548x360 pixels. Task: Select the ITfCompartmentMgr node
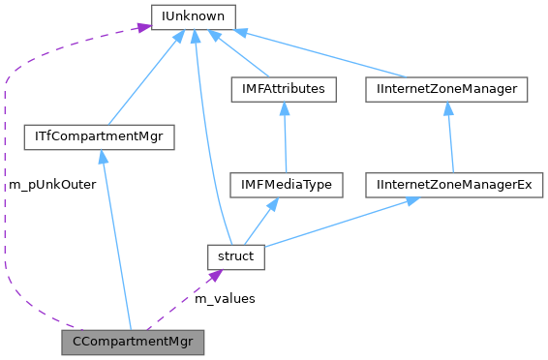98,137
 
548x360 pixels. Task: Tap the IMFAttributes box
284,90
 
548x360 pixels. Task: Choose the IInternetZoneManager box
446,90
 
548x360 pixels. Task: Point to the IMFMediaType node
286,184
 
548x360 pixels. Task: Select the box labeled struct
235,256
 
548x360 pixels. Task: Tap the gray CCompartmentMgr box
133,342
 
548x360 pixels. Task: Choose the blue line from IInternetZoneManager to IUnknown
320,54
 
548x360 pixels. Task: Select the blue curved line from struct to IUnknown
206,145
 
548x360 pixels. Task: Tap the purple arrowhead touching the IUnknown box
142,27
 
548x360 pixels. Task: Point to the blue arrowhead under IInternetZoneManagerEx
412,201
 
